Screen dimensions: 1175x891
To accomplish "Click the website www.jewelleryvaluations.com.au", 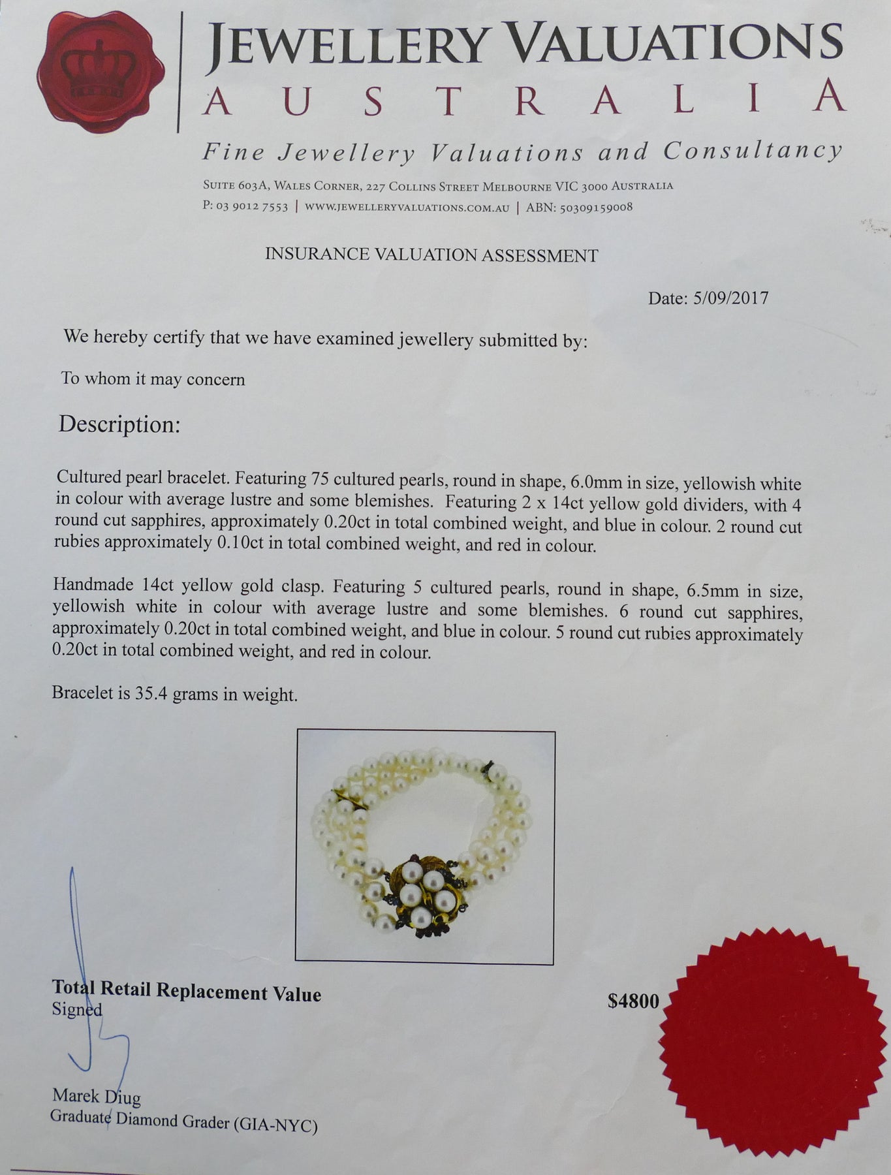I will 407,208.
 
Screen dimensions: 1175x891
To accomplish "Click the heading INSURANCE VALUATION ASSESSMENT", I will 431,255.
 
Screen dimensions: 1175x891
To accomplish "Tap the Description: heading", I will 119,424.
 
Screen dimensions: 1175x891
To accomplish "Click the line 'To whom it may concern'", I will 153,379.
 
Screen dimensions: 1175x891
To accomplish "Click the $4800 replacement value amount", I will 633,1001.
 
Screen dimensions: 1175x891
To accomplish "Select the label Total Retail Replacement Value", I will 187,993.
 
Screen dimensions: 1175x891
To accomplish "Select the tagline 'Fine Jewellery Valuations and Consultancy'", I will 522,153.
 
